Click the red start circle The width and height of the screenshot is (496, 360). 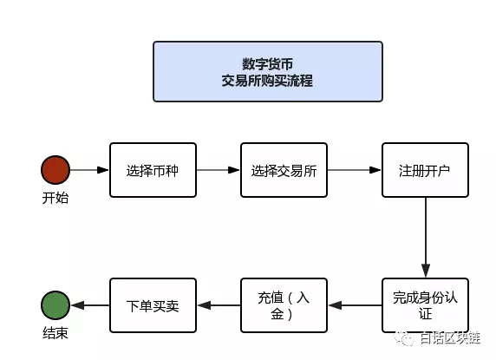pyautogui.click(x=55, y=170)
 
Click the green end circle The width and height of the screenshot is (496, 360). pyautogui.click(x=55, y=305)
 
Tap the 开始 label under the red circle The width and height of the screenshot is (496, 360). pyautogui.click(x=55, y=198)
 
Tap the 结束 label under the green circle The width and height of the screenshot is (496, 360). pyautogui.click(x=55, y=333)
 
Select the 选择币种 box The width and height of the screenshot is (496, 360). pyautogui.click(x=153, y=170)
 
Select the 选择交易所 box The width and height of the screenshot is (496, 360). pyautogui.click(x=284, y=170)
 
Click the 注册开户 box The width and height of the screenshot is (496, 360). pyautogui.click(x=425, y=170)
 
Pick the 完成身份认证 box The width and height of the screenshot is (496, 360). pyautogui.click(x=425, y=305)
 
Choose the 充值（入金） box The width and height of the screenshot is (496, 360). pyautogui.click(x=284, y=305)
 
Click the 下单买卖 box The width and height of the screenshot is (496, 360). pyautogui.click(x=153, y=305)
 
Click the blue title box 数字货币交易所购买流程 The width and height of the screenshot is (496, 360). pyautogui.click(x=268, y=71)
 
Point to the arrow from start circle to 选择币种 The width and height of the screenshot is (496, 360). pyautogui.click(x=89, y=170)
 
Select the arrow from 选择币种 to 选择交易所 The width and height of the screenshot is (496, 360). pyautogui.click(x=219, y=170)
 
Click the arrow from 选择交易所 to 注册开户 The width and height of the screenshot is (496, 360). pyautogui.click(x=355, y=170)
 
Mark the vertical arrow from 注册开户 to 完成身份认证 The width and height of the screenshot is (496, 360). pyautogui.click(x=426, y=238)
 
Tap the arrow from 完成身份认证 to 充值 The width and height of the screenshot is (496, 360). pyautogui.click(x=355, y=305)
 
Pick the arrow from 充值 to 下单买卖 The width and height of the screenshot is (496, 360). pyautogui.click(x=219, y=305)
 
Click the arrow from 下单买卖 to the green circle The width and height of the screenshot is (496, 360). pyautogui.click(x=90, y=305)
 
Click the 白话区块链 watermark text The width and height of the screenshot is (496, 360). pyautogui.click(x=450, y=338)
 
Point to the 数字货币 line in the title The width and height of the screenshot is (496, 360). pyautogui.click(x=268, y=64)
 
